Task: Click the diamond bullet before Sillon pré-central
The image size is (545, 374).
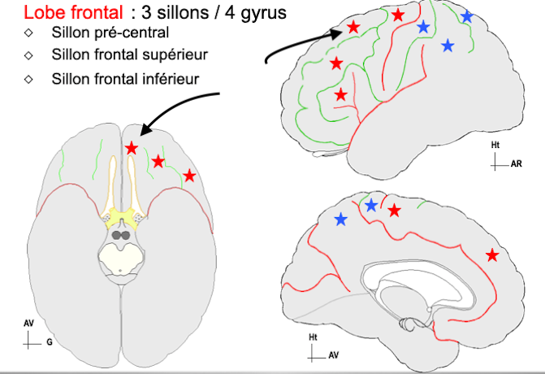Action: (x=28, y=33)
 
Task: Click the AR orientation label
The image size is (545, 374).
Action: (x=517, y=163)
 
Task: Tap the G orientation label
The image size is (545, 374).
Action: (x=49, y=343)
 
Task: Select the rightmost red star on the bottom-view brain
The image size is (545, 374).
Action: (x=189, y=175)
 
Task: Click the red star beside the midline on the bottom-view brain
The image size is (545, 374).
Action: (x=132, y=147)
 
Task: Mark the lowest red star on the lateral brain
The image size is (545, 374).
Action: (x=341, y=95)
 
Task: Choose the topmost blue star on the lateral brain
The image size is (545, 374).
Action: (x=466, y=16)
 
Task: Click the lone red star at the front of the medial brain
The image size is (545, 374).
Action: (x=492, y=255)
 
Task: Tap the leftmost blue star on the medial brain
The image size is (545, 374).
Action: (x=341, y=219)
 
